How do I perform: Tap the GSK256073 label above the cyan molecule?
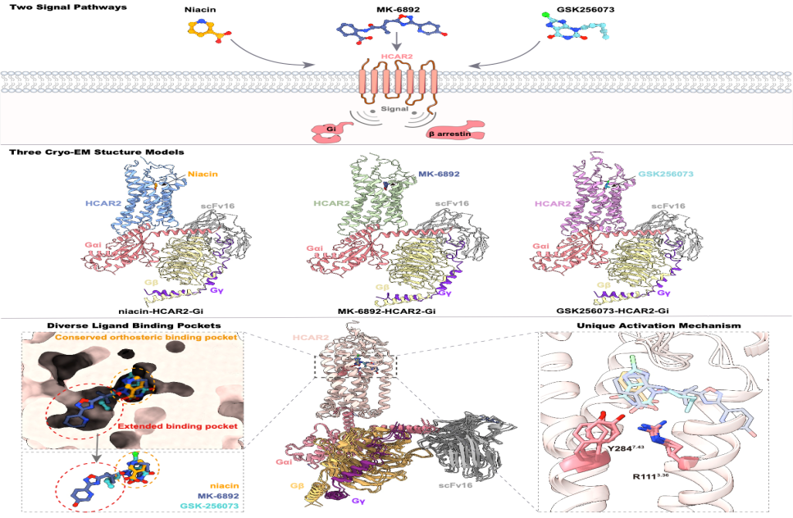coord(586,9)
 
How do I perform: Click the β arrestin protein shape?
coord(455,130)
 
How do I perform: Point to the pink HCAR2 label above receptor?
coord(398,56)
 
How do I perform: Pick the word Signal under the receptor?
coord(394,109)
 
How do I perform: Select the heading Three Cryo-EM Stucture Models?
coord(97,152)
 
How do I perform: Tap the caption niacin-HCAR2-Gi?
coord(161,311)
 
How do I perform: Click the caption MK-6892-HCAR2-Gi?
coord(386,311)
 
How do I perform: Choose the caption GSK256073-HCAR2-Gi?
coord(613,311)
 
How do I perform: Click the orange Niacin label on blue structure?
coord(203,174)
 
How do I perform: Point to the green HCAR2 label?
coord(331,203)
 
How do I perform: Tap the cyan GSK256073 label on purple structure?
coord(666,174)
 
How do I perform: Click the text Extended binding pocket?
coord(177,426)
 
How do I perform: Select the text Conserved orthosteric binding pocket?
coord(146,337)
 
